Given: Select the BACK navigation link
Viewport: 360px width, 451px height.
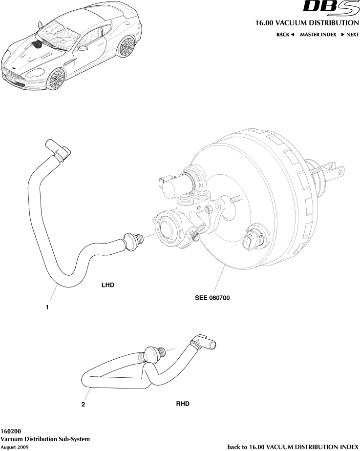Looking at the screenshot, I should (x=285, y=35).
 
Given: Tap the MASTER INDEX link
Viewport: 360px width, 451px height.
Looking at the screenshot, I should (x=318, y=35).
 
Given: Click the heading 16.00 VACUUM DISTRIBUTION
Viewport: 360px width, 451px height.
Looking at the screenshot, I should (x=307, y=23).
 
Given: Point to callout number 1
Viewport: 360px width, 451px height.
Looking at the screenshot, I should (x=47, y=307).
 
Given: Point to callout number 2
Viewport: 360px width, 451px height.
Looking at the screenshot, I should (x=84, y=404).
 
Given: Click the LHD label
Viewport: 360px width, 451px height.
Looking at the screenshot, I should (x=108, y=285).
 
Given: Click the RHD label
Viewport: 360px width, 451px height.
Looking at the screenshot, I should (x=182, y=404).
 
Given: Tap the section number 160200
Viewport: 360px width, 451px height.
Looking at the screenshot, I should (x=11, y=432).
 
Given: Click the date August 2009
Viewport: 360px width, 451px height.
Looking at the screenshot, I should (x=14, y=447).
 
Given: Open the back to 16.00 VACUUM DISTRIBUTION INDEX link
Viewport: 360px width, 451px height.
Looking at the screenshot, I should (x=293, y=447).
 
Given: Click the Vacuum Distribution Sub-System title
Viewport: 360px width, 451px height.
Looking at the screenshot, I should (x=45, y=439).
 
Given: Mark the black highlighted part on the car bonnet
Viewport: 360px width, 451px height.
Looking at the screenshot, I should (x=37, y=45).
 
